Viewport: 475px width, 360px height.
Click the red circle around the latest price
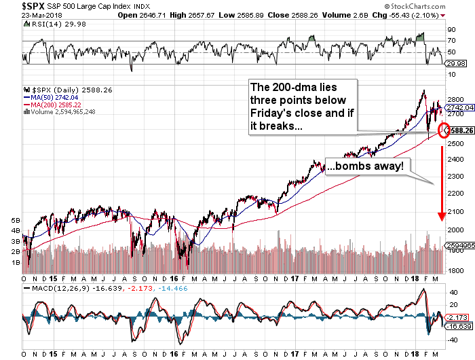pos(444,130)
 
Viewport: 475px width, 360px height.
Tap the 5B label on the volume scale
pos(16,221)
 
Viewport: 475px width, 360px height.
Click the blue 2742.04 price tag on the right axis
pos(461,108)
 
